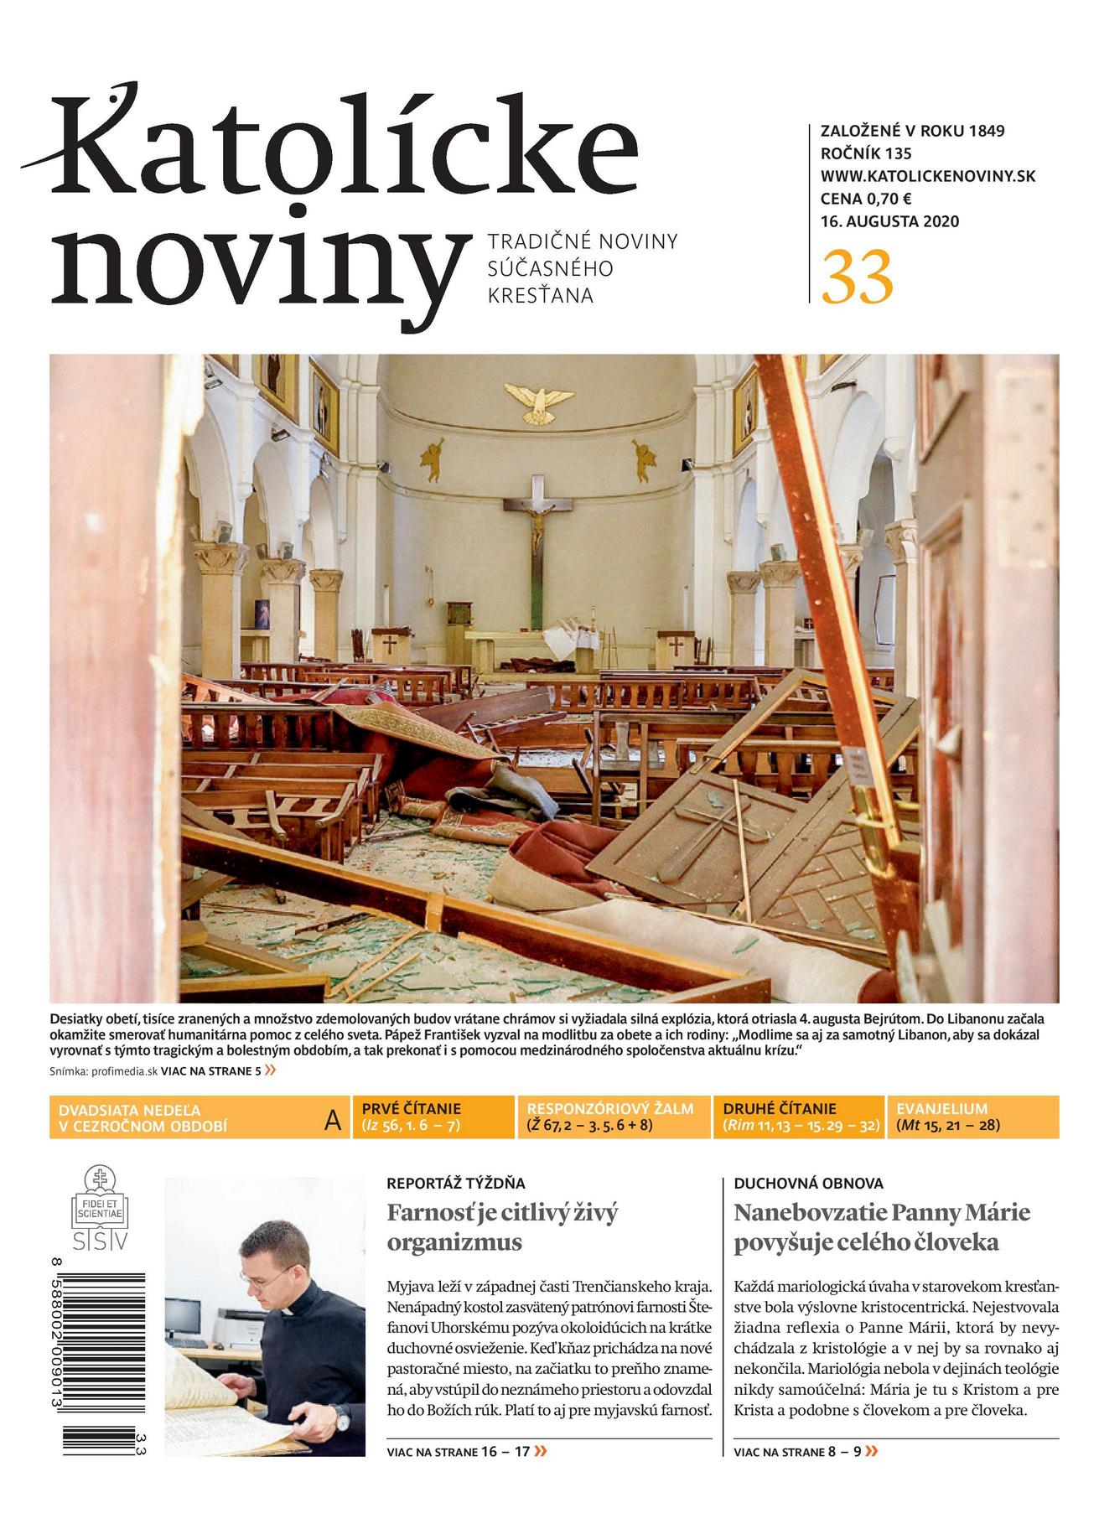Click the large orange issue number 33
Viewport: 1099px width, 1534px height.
tap(857, 277)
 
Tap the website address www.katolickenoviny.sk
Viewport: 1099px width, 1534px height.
tap(928, 176)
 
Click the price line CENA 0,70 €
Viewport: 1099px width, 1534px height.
tap(866, 199)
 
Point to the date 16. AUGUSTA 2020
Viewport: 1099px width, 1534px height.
tap(889, 222)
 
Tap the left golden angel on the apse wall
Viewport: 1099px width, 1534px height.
tap(433, 459)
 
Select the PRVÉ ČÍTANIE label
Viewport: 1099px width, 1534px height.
tap(411, 1108)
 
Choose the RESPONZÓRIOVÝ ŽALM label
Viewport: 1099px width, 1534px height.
tap(610, 1108)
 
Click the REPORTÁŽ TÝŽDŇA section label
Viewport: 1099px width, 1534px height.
tap(455, 1184)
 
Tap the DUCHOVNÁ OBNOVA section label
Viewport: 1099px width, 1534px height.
tap(808, 1184)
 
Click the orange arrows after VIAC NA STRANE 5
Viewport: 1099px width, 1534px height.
tap(270, 1070)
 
